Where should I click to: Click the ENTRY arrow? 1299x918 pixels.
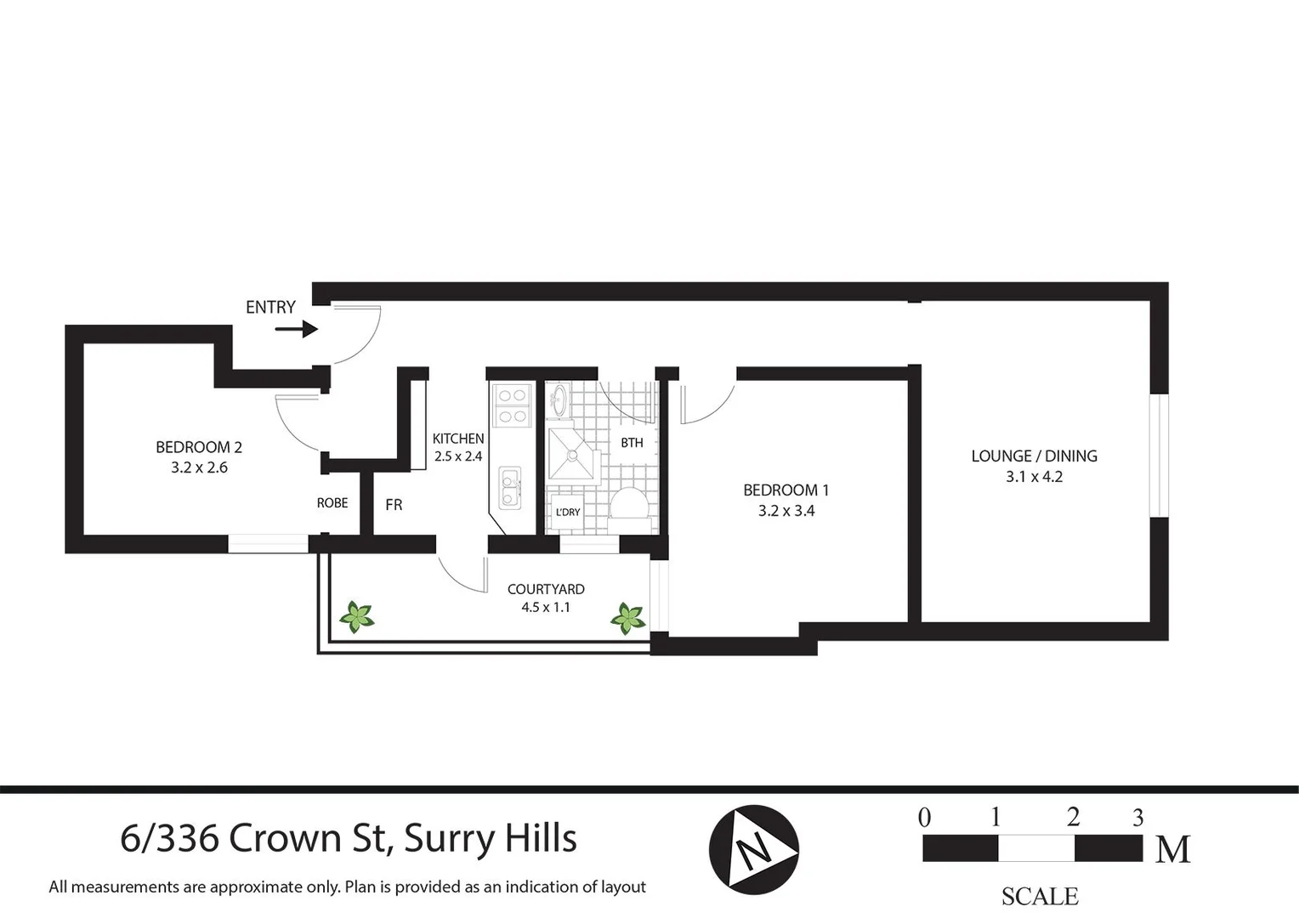(296, 329)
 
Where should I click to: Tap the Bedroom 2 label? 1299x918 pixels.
(199, 447)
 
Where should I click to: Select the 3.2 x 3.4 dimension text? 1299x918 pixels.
(786, 511)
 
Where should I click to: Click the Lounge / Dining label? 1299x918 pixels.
(1034, 456)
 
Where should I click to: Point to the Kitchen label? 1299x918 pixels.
(458, 439)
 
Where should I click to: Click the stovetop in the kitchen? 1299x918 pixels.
(512, 405)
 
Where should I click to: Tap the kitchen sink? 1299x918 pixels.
(510, 488)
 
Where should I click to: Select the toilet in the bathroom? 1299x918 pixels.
(630, 504)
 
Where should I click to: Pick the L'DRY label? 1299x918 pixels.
(567, 512)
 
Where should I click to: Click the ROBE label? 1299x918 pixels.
(332, 503)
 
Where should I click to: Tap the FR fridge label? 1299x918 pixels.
(394, 505)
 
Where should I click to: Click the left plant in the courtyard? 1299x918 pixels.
(357, 616)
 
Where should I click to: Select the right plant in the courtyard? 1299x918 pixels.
(628, 618)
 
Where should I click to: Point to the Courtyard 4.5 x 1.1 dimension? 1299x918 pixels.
(546, 608)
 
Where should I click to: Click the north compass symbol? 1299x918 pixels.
(753, 849)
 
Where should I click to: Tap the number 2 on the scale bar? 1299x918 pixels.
(1073, 818)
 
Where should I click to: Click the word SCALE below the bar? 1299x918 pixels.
(1039, 896)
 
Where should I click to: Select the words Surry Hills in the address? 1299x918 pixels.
(491, 838)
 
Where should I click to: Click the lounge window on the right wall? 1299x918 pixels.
(1159, 455)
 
